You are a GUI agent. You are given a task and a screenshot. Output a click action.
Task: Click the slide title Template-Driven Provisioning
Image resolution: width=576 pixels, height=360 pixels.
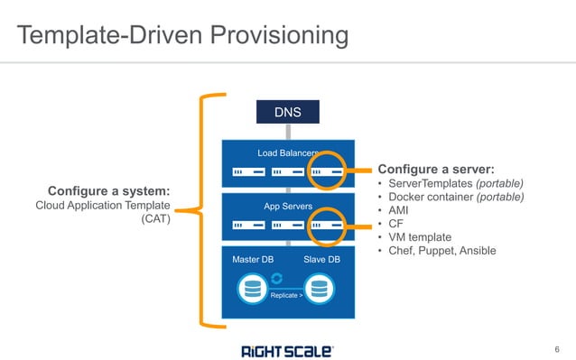pos(183,35)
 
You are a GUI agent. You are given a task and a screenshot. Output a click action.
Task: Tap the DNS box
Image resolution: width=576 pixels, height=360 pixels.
pos(287,114)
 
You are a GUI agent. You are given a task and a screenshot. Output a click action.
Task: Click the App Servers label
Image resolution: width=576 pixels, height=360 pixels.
pos(287,207)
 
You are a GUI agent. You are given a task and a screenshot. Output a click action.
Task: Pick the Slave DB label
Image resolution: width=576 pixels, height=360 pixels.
pos(321,260)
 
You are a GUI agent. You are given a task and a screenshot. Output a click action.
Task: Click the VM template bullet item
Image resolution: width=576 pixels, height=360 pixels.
pos(421,236)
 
